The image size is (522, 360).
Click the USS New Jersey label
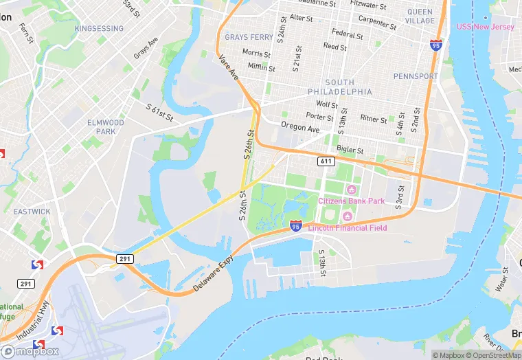point(485,27)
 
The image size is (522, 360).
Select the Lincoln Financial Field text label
point(348,227)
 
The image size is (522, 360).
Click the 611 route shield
point(326,161)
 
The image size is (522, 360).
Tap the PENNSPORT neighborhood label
point(415,76)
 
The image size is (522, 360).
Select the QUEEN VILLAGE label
point(420,16)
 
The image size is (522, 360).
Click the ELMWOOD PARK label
point(106,127)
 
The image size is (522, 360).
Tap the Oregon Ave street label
point(300,128)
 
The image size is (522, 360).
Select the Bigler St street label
point(350,150)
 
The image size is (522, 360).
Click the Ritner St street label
point(374,119)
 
